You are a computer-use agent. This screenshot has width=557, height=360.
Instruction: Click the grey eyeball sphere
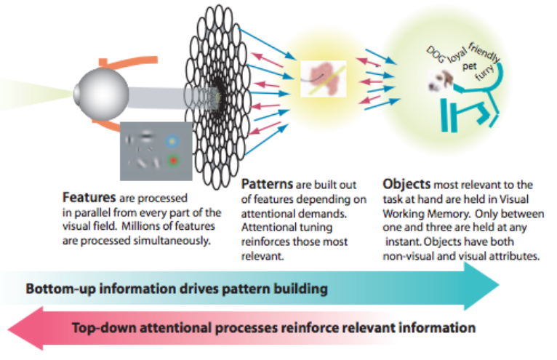coord(98,91)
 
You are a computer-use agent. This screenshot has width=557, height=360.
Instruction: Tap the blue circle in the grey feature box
coord(172,141)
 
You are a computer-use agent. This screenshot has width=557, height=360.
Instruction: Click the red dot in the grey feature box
coord(172,159)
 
